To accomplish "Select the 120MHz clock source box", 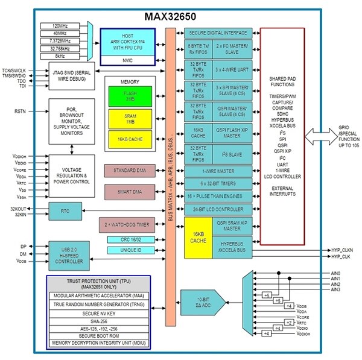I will (x=63, y=26).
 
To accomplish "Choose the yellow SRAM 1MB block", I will (x=130, y=119).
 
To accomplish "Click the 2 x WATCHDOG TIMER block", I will (x=130, y=225).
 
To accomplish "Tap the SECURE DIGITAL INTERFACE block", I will (x=219, y=32).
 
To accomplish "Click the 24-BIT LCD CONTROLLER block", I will (x=219, y=209).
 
